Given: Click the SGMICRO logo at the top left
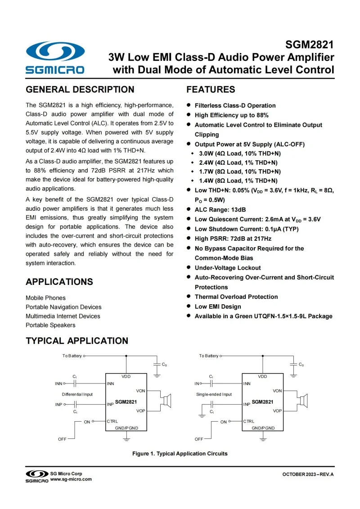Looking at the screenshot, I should point(55,57).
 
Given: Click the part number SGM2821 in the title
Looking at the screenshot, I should point(310,45).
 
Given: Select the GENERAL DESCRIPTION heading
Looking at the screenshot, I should point(80,90).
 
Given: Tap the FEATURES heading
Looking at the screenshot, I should point(211,90).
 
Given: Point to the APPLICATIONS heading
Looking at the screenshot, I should point(59,282).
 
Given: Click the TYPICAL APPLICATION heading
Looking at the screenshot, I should point(77,341).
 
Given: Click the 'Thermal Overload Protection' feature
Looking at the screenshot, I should point(236,297).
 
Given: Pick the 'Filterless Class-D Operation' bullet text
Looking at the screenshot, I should point(235,105).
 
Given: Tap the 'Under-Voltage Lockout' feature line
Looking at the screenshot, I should point(227,268).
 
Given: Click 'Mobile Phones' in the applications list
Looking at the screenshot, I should point(45,298).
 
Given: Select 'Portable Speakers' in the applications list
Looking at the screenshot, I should point(50,325).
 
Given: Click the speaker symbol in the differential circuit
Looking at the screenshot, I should point(167,400).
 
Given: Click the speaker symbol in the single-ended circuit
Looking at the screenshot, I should point(304,400).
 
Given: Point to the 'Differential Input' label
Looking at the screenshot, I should point(77,394).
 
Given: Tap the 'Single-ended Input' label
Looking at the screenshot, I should point(214,394).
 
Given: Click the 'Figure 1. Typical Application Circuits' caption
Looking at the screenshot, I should point(180,453).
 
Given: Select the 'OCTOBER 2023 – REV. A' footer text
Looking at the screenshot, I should point(308,475).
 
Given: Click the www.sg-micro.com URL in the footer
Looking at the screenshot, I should point(71,479).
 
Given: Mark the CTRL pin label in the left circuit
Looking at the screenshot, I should point(112,421).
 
